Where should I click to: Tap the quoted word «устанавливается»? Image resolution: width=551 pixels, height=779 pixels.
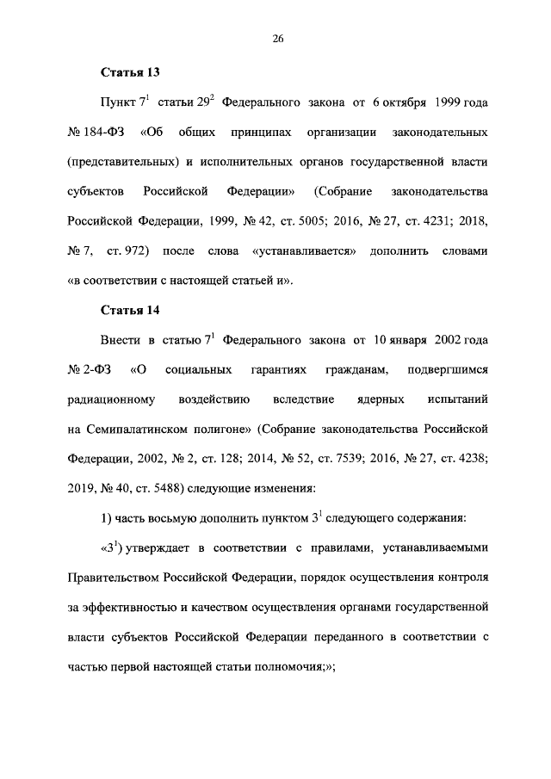point(305,250)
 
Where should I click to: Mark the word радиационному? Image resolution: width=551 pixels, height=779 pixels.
point(110,399)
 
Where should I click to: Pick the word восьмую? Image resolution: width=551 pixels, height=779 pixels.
point(170,518)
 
